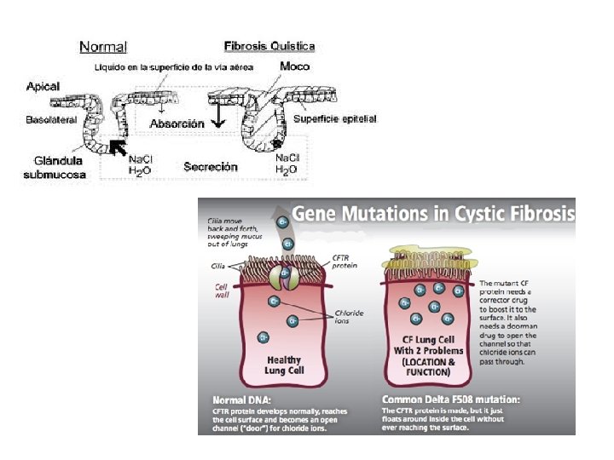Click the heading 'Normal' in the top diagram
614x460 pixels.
(x=103, y=48)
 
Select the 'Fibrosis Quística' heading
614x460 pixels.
(x=269, y=46)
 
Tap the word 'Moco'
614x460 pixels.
(x=294, y=66)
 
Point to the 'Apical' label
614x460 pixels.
(x=43, y=87)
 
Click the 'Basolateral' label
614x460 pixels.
(x=51, y=120)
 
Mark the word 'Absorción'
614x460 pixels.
(x=177, y=124)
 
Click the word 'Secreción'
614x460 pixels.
(x=211, y=167)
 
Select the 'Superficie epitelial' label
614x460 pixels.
(x=335, y=118)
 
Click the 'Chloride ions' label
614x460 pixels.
(x=348, y=318)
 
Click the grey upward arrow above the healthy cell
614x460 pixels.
(x=284, y=239)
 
